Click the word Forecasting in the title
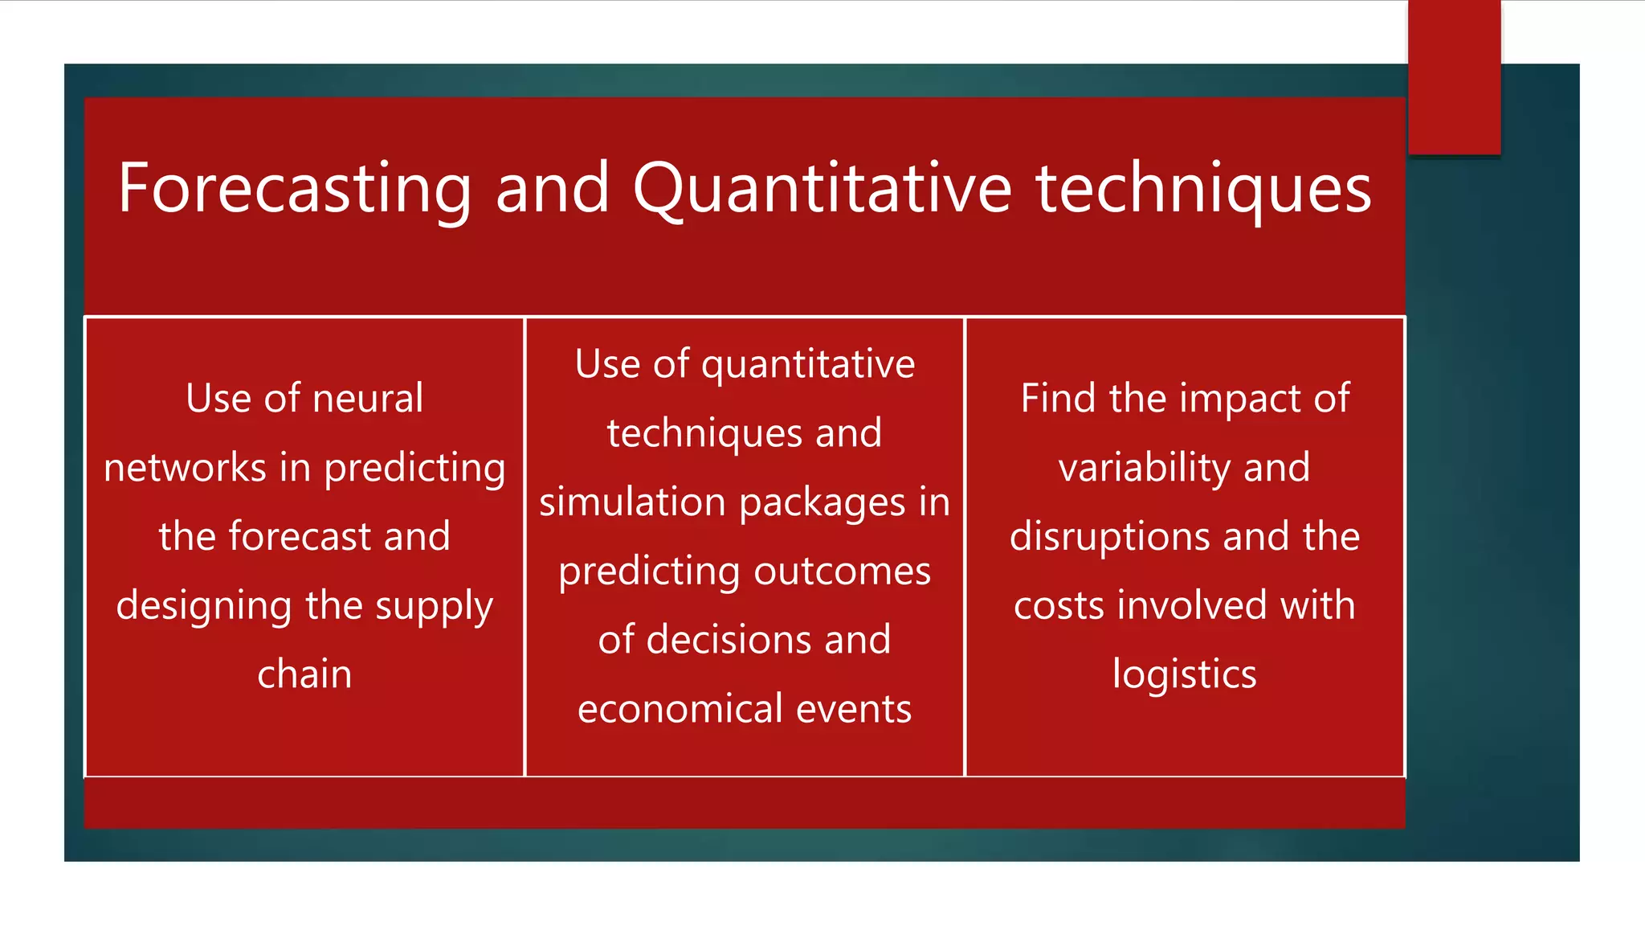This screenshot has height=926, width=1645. [295, 190]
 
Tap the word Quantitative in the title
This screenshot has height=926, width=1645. [822, 190]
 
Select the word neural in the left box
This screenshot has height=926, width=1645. [367, 399]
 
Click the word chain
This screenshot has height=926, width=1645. [304, 674]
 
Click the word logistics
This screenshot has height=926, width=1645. [1184, 674]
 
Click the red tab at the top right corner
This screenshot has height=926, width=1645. [1454, 76]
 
